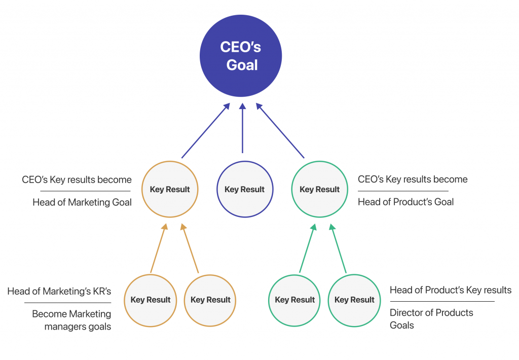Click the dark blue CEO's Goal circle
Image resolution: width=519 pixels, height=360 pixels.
tap(241, 56)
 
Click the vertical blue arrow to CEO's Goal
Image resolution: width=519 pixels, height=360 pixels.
tap(243, 128)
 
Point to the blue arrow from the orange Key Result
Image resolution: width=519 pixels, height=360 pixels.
tap(206, 130)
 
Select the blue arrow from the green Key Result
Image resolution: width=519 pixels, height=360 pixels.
tap(280, 130)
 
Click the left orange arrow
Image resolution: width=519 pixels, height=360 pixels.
tap(159, 248)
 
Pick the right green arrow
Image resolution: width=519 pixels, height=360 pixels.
tap(338, 248)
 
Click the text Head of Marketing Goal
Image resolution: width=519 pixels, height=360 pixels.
tap(82, 202)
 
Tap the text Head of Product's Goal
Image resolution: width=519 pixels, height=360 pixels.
tap(406, 202)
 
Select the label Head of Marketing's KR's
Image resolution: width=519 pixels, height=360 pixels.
tap(59, 292)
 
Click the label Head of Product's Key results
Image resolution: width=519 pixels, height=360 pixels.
tap(451, 291)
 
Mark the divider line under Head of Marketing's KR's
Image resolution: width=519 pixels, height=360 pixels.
tap(67, 303)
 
